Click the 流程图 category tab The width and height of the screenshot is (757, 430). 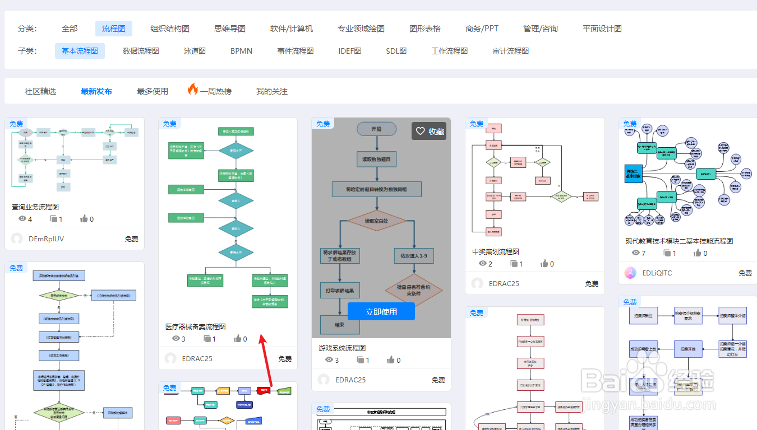[114, 29]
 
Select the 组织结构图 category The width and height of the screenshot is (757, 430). [170, 29]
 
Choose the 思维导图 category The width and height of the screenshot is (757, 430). [230, 29]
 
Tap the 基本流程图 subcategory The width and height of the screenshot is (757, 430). [80, 51]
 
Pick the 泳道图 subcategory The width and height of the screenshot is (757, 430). [195, 51]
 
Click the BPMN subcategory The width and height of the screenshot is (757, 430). [242, 51]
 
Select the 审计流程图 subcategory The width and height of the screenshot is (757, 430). [510, 51]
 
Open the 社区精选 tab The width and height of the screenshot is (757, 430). [40, 91]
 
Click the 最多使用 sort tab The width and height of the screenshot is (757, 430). [153, 91]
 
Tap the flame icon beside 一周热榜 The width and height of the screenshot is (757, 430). [193, 90]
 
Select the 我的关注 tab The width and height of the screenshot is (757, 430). [272, 91]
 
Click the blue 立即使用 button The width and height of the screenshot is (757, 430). [381, 312]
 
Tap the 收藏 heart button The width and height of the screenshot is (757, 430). [429, 131]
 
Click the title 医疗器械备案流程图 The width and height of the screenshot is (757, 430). [196, 326]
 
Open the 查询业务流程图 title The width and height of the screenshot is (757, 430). [35, 207]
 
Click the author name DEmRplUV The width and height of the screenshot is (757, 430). [46, 239]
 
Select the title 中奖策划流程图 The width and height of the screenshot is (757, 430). [496, 251]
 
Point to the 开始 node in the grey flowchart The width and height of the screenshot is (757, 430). [376, 129]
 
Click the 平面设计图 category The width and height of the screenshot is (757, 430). [602, 29]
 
